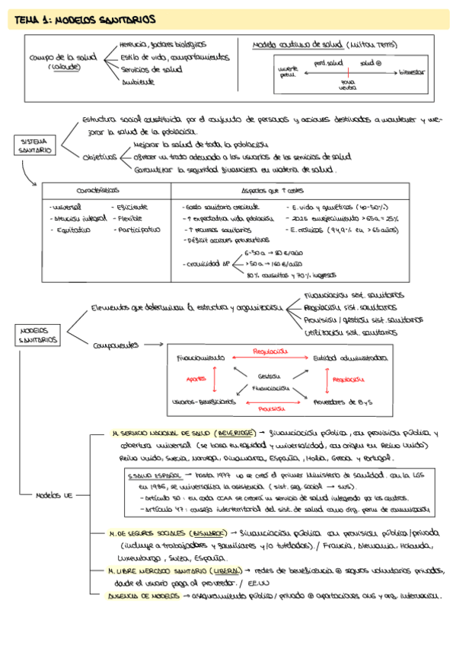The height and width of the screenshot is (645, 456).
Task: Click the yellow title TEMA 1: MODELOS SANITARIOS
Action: point(84,18)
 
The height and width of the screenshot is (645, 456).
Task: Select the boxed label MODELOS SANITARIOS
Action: point(36,335)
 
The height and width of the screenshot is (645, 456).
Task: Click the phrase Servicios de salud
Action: point(151,69)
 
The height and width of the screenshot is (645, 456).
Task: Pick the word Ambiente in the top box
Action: point(138,81)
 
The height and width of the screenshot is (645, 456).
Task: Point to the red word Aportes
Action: point(196,379)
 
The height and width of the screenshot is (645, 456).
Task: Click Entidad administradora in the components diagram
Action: point(350,357)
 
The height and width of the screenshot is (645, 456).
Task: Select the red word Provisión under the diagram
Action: point(272,408)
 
